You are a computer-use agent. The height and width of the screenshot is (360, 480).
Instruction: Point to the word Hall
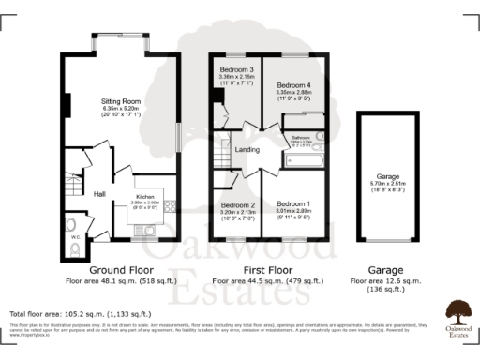pyautogui.click(x=98, y=194)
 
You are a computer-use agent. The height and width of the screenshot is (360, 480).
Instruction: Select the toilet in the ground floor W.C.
pyautogui.click(x=74, y=224)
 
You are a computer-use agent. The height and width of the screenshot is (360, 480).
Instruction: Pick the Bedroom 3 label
pyautogui.click(x=237, y=71)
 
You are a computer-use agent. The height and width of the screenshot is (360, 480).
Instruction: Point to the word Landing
pyautogui.click(x=247, y=149)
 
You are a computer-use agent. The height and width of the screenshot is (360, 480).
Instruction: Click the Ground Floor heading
pyautogui.click(x=121, y=269)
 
